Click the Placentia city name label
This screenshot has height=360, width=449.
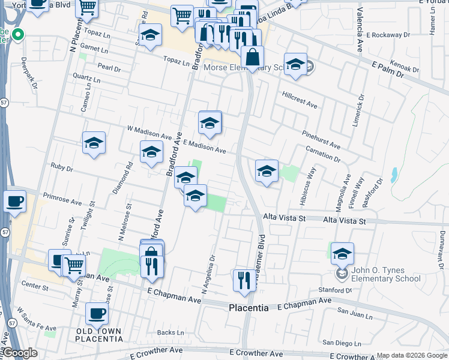point(249,308)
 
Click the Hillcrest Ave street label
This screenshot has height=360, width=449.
point(299,100)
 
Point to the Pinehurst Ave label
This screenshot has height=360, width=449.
point(321,142)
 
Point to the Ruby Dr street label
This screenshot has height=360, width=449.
point(61,167)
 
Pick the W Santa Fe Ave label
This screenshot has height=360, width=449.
point(36,321)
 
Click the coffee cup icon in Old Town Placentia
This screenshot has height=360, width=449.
point(97,313)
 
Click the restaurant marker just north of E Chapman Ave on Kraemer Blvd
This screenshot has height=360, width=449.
point(244,280)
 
